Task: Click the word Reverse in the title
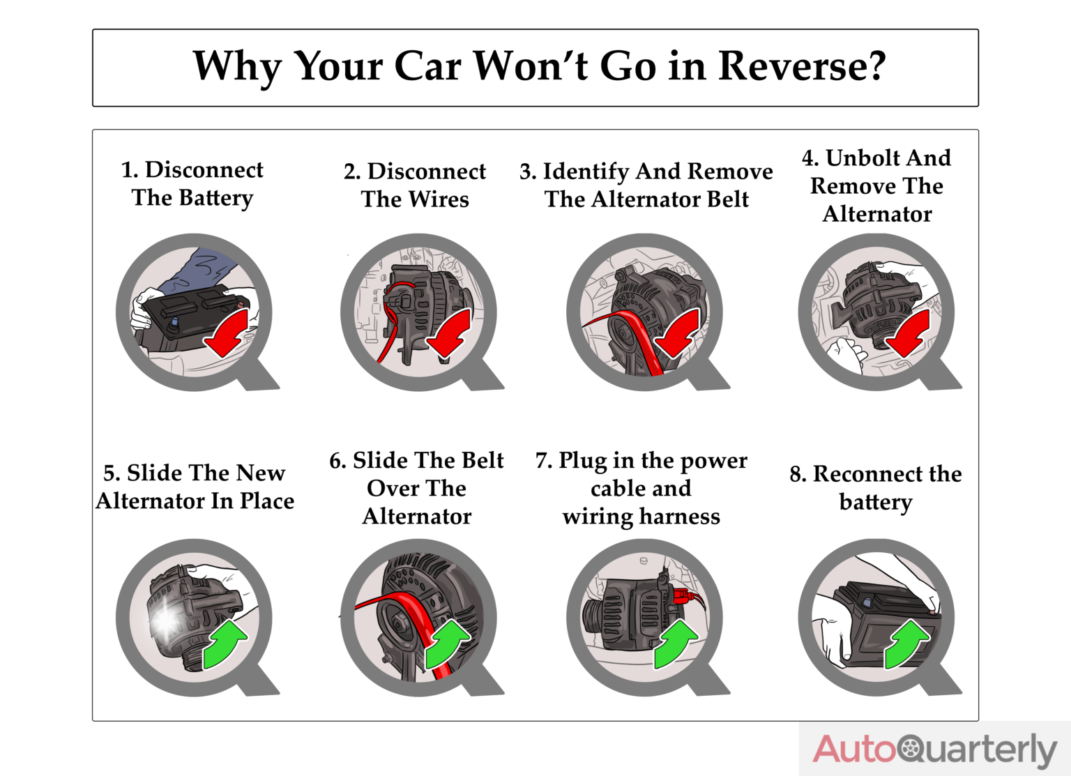(802, 66)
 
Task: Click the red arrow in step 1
(227, 333)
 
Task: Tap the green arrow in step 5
(225, 644)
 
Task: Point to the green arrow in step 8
(906, 643)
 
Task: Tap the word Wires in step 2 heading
(439, 199)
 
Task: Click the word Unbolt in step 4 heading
(863, 158)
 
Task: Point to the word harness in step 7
(679, 517)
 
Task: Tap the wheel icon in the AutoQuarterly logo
(910, 748)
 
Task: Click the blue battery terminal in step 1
(174, 322)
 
